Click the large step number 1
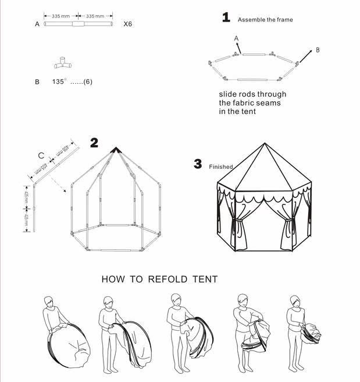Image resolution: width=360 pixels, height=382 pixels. tap(226, 17)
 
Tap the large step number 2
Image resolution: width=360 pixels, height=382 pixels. tap(94, 143)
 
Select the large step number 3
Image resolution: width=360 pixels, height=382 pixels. tap(198, 164)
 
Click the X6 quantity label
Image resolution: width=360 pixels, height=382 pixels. tap(129, 24)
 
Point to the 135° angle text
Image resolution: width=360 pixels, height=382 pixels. tap(60, 82)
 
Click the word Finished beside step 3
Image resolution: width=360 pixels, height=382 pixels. tap(221, 167)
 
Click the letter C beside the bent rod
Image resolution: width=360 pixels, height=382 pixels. tap(40, 155)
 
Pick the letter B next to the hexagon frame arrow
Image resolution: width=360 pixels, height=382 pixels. tap(318, 50)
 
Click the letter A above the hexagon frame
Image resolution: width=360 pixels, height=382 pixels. tap(236, 38)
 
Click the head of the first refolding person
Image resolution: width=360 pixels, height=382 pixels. tap(49, 303)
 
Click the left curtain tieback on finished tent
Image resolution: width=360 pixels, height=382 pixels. tap(233, 223)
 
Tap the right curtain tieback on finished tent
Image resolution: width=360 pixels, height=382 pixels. tap(287, 224)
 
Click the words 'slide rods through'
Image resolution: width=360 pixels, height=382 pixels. tap(252, 94)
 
